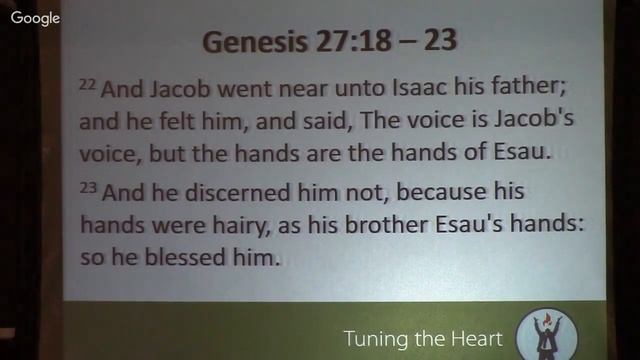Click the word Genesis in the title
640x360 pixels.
(x=247, y=43)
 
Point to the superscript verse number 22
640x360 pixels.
(x=86, y=83)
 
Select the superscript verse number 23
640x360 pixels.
(x=86, y=186)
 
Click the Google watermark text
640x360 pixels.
(x=35, y=18)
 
